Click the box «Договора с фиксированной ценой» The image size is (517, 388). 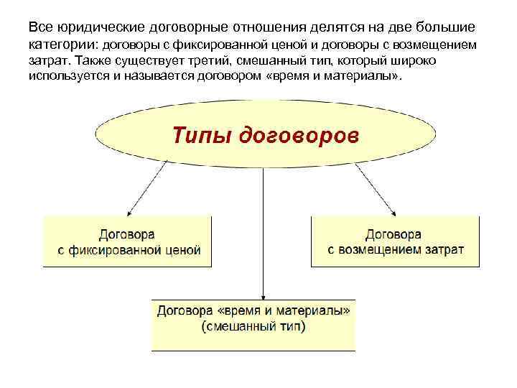(x=127, y=241)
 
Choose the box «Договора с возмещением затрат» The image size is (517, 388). (x=395, y=241)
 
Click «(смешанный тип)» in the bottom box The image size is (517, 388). (x=253, y=327)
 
